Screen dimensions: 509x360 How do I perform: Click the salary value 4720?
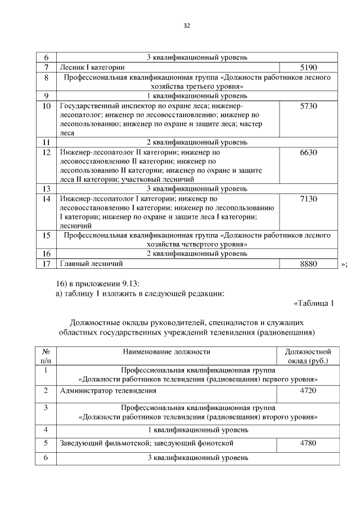click(308, 390)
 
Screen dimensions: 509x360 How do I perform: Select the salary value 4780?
click(308, 444)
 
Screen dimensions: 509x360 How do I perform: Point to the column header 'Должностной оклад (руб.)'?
click(308, 356)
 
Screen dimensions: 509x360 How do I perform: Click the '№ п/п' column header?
click(45, 356)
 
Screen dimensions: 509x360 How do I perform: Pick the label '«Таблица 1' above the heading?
click(314, 304)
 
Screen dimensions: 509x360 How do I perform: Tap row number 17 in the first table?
click(47, 263)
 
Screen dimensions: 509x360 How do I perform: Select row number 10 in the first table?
click(47, 106)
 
